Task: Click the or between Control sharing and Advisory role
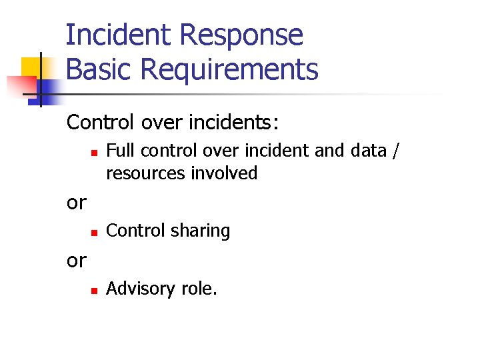(77, 260)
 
